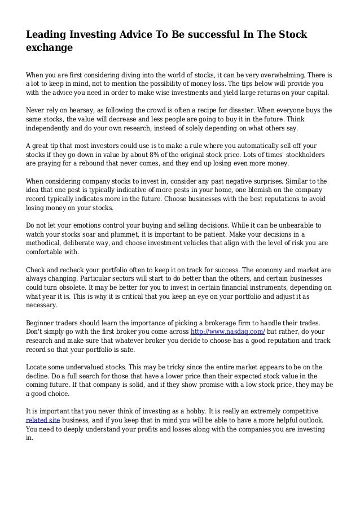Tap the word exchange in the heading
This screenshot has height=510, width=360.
(x=50, y=49)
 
